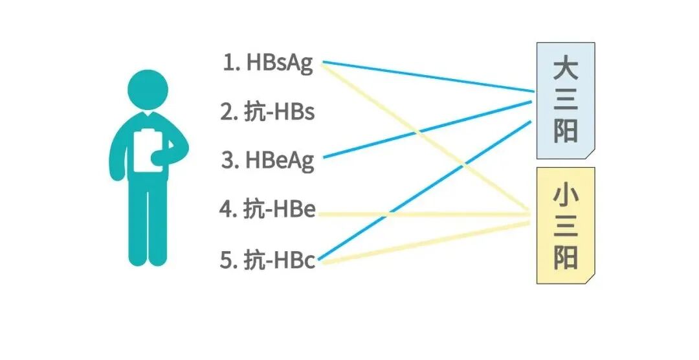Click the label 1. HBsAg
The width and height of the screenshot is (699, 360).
pos(268,63)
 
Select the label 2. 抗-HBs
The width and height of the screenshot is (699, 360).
pos(267,111)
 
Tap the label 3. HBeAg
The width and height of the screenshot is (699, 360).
pos(267,160)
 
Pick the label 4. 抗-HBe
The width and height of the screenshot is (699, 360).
pos(267,210)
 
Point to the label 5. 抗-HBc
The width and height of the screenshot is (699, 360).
pos(267,260)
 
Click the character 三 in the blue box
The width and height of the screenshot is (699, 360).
pos(565,100)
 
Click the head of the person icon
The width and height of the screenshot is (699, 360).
pos(148,89)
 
